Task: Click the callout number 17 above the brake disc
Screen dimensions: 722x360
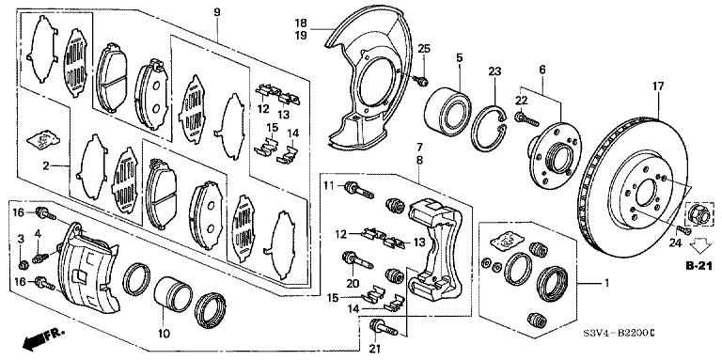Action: [658, 86]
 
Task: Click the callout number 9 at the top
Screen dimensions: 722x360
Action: [217, 12]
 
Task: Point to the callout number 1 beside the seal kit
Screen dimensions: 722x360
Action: [606, 282]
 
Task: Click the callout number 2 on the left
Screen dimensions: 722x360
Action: [46, 165]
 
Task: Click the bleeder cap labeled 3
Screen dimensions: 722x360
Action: [23, 264]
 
